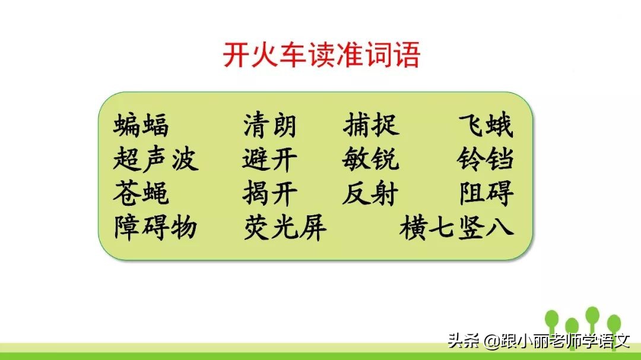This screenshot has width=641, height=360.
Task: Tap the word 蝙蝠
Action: pyautogui.click(x=141, y=126)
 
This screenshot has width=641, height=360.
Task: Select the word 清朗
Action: pyautogui.click(x=269, y=126)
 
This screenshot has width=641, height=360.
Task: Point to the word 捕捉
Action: pyautogui.click(x=371, y=126)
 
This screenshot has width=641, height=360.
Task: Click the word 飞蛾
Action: pyautogui.click(x=485, y=126)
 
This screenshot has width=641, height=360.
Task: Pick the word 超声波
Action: pyautogui.click(x=156, y=160)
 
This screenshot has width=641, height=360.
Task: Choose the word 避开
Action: pyautogui.click(x=269, y=160)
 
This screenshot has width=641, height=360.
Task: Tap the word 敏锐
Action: pyautogui.click(x=371, y=160)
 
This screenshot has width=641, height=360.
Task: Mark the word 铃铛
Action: pyautogui.click(x=485, y=160)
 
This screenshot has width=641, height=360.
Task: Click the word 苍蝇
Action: pyautogui.click(x=141, y=193)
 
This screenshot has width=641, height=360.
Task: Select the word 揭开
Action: pyautogui.click(x=269, y=193)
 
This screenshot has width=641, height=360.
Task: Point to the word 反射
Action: pyautogui.click(x=371, y=193)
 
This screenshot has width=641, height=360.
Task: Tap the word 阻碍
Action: pyautogui.click(x=485, y=193)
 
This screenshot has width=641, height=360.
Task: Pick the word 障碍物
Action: pyautogui.click(x=156, y=227)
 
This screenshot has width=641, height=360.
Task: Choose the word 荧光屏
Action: pyautogui.click(x=285, y=227)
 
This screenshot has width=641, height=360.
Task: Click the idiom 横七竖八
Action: pyautogui.click(x=456, y=227)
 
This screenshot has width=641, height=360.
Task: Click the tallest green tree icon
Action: pyautogui.click(x=592, y=317)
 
